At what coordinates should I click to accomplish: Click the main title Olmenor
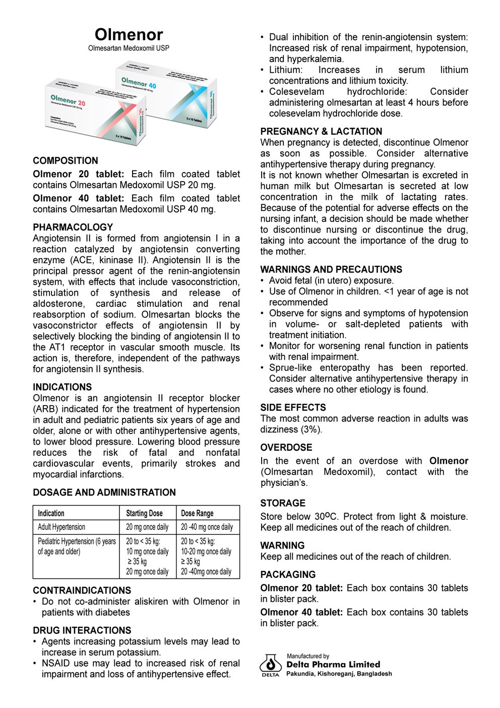pos(129,34)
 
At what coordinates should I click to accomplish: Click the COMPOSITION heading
pos(66,161)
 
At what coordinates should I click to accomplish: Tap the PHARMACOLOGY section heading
pos(73,227)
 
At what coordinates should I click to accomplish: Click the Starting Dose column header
pos(145,513)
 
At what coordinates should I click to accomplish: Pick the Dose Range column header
pos(198,513)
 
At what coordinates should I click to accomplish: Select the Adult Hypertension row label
pos(61,527)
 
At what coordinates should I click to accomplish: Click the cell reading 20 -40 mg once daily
pos(207,527)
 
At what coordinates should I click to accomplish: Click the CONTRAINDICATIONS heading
pos(82,590)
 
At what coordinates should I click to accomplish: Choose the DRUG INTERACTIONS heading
pos(82,630)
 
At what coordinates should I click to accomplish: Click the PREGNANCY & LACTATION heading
pos(321,131)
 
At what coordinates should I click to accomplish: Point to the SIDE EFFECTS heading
pos(293,407)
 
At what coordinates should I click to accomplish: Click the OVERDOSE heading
pos(286,447)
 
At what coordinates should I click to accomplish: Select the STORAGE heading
pos(283,503)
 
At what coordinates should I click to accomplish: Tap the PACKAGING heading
pos(288,574)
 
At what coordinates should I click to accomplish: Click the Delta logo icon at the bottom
pos(271,664)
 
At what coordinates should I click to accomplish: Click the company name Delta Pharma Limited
pos(333,665)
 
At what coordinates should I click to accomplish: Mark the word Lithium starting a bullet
pos(285,70)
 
